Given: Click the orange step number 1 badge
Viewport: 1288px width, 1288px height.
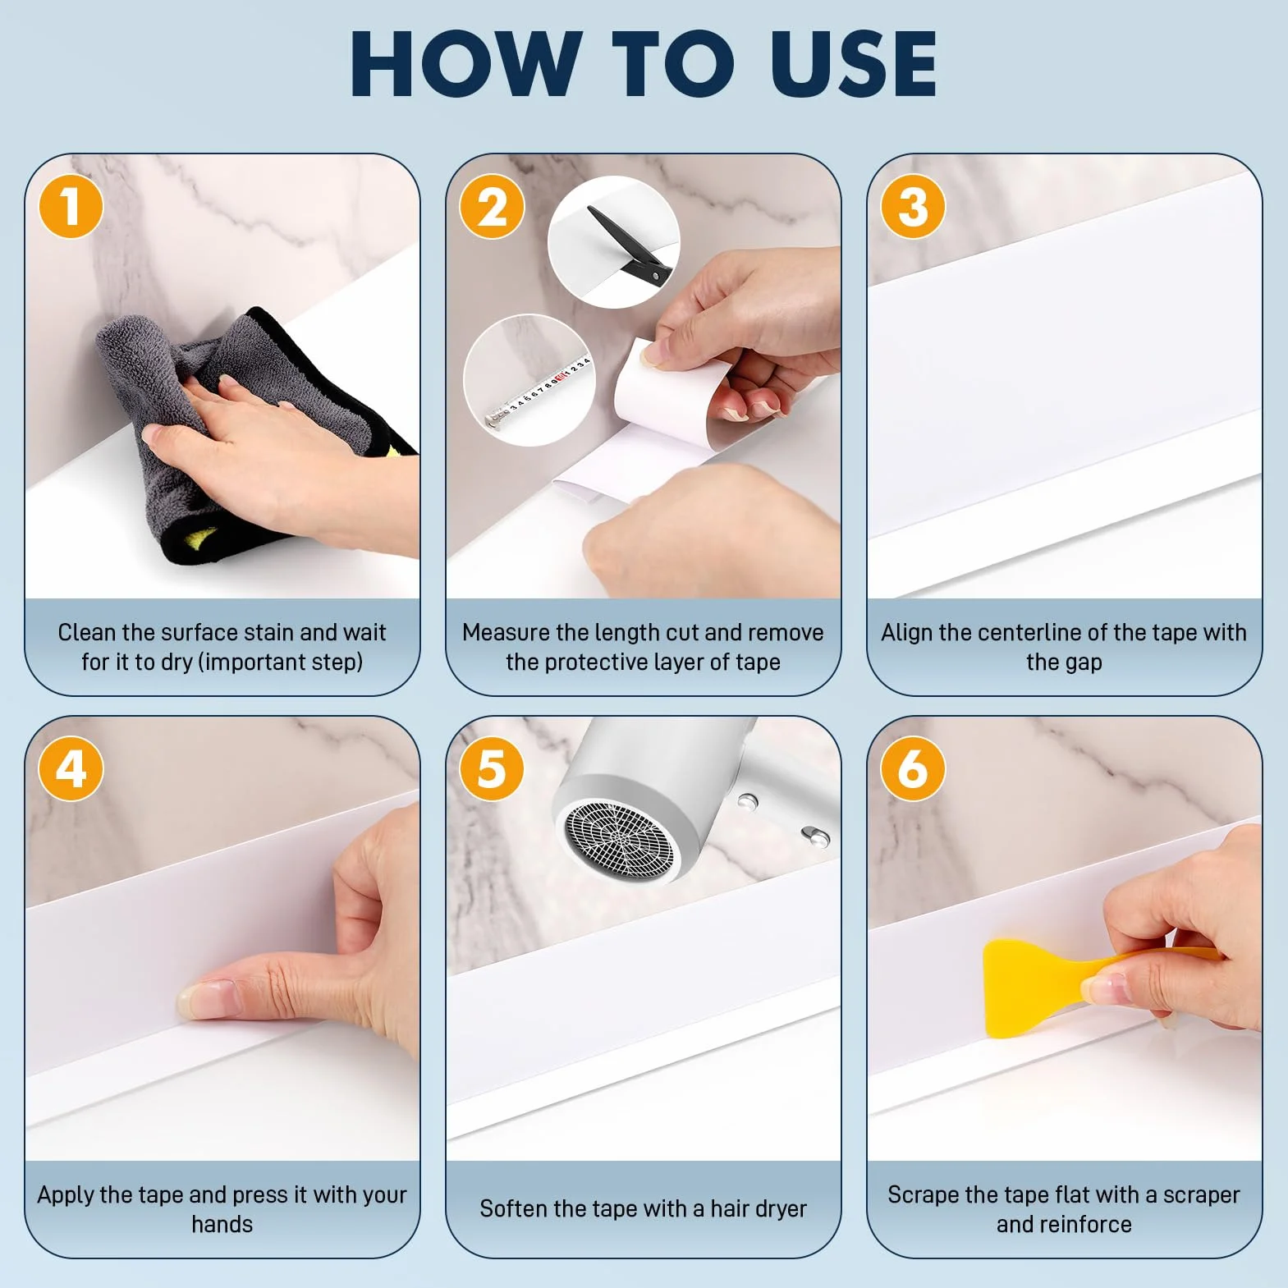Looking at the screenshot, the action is point(71,206).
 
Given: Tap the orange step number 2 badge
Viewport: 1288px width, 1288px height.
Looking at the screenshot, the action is point(492,206).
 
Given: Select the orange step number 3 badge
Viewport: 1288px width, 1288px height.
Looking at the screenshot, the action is point(913,206).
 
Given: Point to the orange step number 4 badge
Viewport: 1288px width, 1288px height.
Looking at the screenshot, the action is point(71,768).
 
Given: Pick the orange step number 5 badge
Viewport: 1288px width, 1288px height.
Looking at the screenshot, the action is point(492,768).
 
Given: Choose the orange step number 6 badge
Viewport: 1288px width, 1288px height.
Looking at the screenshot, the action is point(913,768).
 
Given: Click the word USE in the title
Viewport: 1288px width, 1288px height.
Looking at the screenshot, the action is point(854,64).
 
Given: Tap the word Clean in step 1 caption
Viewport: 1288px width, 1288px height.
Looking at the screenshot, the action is point(86,632).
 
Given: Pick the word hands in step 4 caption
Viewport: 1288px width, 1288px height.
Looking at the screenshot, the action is point(222,1224).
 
